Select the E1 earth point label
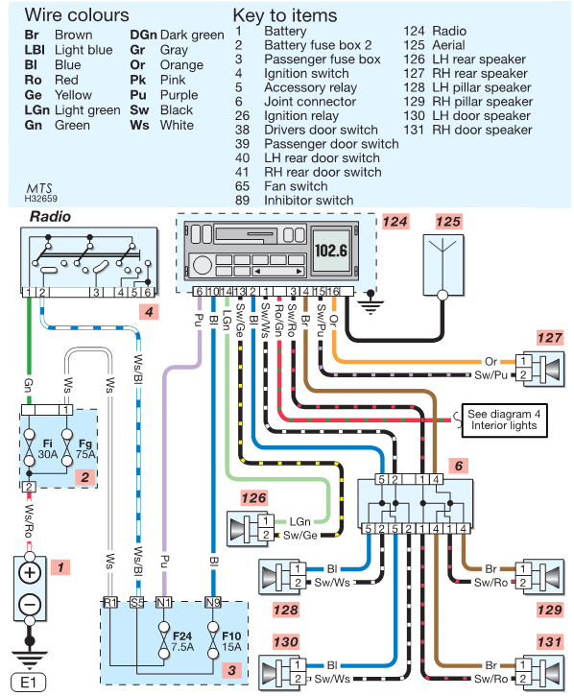click(29, 684)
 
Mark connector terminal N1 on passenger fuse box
click(164, 603)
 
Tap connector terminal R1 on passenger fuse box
click(109, 603)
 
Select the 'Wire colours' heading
click(76, 15)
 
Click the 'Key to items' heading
click(285, 15)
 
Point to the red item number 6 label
click(459, 466)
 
